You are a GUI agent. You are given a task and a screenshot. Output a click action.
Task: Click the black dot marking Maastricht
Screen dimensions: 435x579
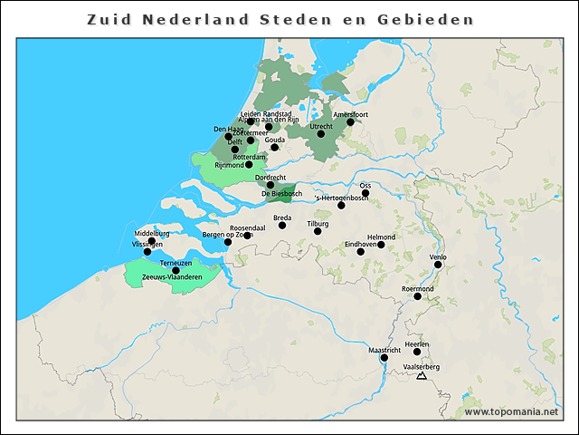click(384, 358)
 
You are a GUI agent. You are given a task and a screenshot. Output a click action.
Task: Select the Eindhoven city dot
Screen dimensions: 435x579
click(361, 252)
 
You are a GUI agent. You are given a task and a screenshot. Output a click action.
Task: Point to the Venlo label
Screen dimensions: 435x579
click(438, 256)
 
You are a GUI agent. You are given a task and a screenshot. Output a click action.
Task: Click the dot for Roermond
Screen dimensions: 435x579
click(417, 296)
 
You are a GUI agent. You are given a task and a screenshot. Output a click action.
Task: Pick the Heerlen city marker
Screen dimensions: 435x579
click(417, 352)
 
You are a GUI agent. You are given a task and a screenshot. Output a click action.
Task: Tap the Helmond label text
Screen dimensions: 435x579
click(381, 237)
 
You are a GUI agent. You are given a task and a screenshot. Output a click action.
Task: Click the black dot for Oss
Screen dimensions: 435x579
click(365, 193)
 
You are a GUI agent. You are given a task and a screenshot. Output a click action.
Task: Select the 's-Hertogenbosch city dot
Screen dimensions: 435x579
click(341, 206)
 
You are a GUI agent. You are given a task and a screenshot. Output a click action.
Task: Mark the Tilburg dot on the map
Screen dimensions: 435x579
click(318, 231)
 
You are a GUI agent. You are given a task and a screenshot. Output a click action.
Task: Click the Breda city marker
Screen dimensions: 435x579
click(282, 226)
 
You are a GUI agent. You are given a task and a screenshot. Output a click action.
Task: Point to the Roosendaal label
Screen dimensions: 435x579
click(247, 227)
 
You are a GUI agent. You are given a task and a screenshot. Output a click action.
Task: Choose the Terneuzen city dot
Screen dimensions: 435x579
click(176, 270)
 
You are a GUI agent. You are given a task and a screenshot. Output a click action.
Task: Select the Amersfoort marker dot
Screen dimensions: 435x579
click(351, 122)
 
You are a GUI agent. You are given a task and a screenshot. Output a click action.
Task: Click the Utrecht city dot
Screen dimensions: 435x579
click(321, 134)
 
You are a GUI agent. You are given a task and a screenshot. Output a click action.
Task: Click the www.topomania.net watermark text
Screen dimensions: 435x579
click(512, 411)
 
